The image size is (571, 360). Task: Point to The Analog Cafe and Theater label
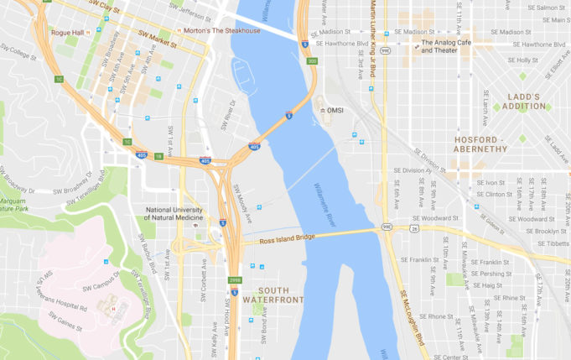[452, 46]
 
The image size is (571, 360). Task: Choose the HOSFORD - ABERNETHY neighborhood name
[480, 143]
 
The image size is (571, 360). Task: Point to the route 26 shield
[414, 228]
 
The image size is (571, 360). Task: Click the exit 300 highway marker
[312, 61]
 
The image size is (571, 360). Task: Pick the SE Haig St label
[491, 285]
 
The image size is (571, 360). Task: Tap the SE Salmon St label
[548, 8]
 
